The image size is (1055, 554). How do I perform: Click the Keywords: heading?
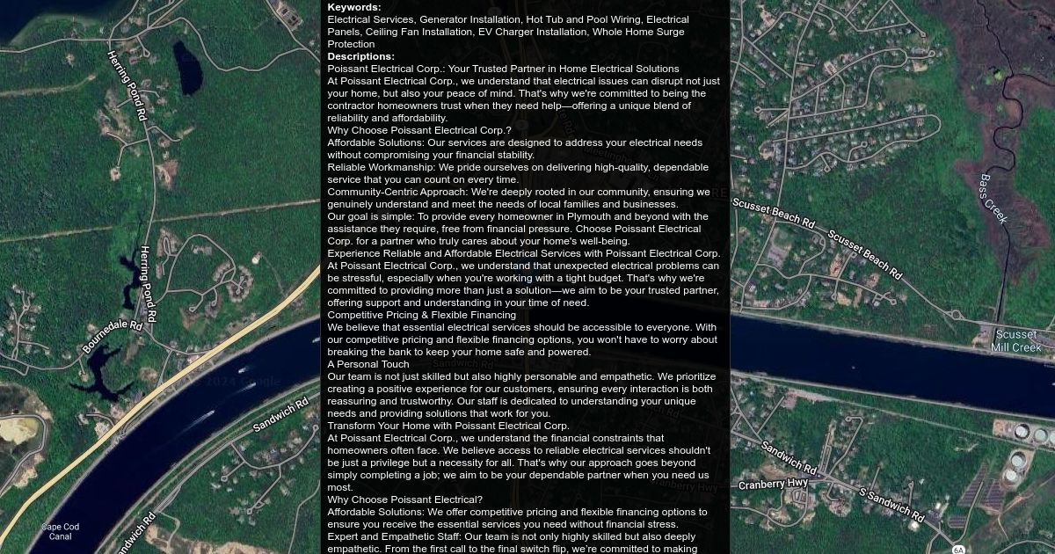tap(354, 7)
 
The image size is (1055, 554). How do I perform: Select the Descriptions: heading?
tap(360, 56)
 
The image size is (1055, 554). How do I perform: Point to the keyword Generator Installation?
tap(469, 19)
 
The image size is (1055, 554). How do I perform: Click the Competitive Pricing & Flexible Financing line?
tap(421, 315)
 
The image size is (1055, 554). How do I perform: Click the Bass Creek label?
tap(994, 200)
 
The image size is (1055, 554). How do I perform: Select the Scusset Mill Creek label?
tap(1015, 341)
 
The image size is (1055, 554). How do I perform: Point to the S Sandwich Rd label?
tap(891, 503)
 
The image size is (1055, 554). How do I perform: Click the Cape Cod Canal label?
tap(61, 531)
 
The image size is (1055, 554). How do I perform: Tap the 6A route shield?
tap(958, 550)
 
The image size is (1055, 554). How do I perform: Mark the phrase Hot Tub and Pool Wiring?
tap(583, 19)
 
